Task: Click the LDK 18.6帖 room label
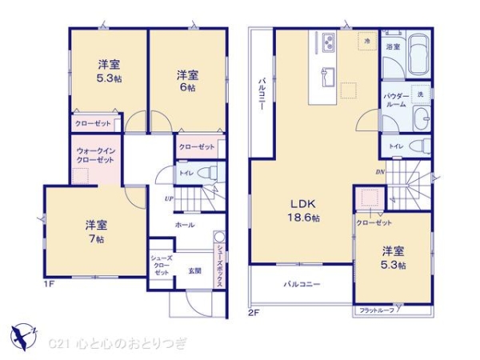coord(303,210)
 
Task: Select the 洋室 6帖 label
coord(188,81)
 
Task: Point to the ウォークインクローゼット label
coord(94,155)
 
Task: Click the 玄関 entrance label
coord(194,270)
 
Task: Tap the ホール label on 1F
coord(184,226)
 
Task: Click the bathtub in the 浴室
coord(418,56)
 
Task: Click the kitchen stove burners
coord(329,40)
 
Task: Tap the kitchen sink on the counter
coord(328,78)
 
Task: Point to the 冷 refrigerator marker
coord(366,41)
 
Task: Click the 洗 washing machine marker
coord(420,95)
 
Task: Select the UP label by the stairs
coord(170,198)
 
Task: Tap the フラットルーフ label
coord(375,310)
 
